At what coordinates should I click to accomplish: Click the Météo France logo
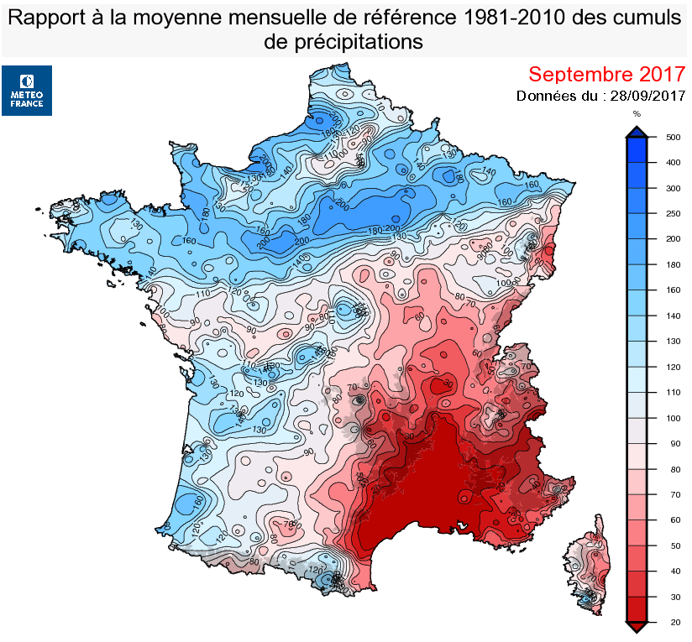(x=27, y=91)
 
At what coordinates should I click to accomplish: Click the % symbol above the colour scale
(x=637, y=113)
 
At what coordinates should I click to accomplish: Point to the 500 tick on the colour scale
(x=672, y=137)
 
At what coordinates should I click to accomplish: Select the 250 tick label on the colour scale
(x=672, y=214)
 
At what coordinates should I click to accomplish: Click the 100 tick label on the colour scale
(x=672, y=418)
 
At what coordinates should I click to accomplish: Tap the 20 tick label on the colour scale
(x=672, y=622)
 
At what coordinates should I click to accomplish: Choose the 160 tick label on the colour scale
(x=672, y=290)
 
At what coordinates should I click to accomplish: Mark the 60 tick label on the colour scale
(x=672, y=520)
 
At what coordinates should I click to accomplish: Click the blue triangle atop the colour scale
(x=637, y=130)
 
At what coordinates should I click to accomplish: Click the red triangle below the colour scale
(x=637, y=627)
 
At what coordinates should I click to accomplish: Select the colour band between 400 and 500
(x=637, y=149)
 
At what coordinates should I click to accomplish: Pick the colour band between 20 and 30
(x=637, y=608)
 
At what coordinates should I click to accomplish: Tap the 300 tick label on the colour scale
(x=672, y=189)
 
